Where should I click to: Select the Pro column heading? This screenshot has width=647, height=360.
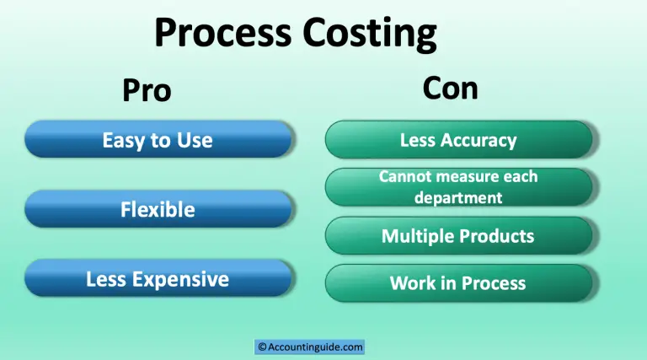point(147,89)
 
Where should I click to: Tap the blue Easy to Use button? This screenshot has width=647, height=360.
point(158,139)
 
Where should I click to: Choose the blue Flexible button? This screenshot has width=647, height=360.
point(158,209)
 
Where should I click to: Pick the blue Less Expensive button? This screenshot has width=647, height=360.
point(158,279)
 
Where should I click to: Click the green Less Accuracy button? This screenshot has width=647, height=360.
point(458,140)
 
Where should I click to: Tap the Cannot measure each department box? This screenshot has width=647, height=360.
point(458,187)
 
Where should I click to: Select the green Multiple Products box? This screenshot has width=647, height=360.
point(458,236)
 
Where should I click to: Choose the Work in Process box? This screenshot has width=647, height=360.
point(458,283)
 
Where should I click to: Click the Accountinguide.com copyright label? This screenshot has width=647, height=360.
point(310,347)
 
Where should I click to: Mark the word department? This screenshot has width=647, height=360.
point(458,198)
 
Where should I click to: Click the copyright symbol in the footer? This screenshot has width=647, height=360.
point(262,347)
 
